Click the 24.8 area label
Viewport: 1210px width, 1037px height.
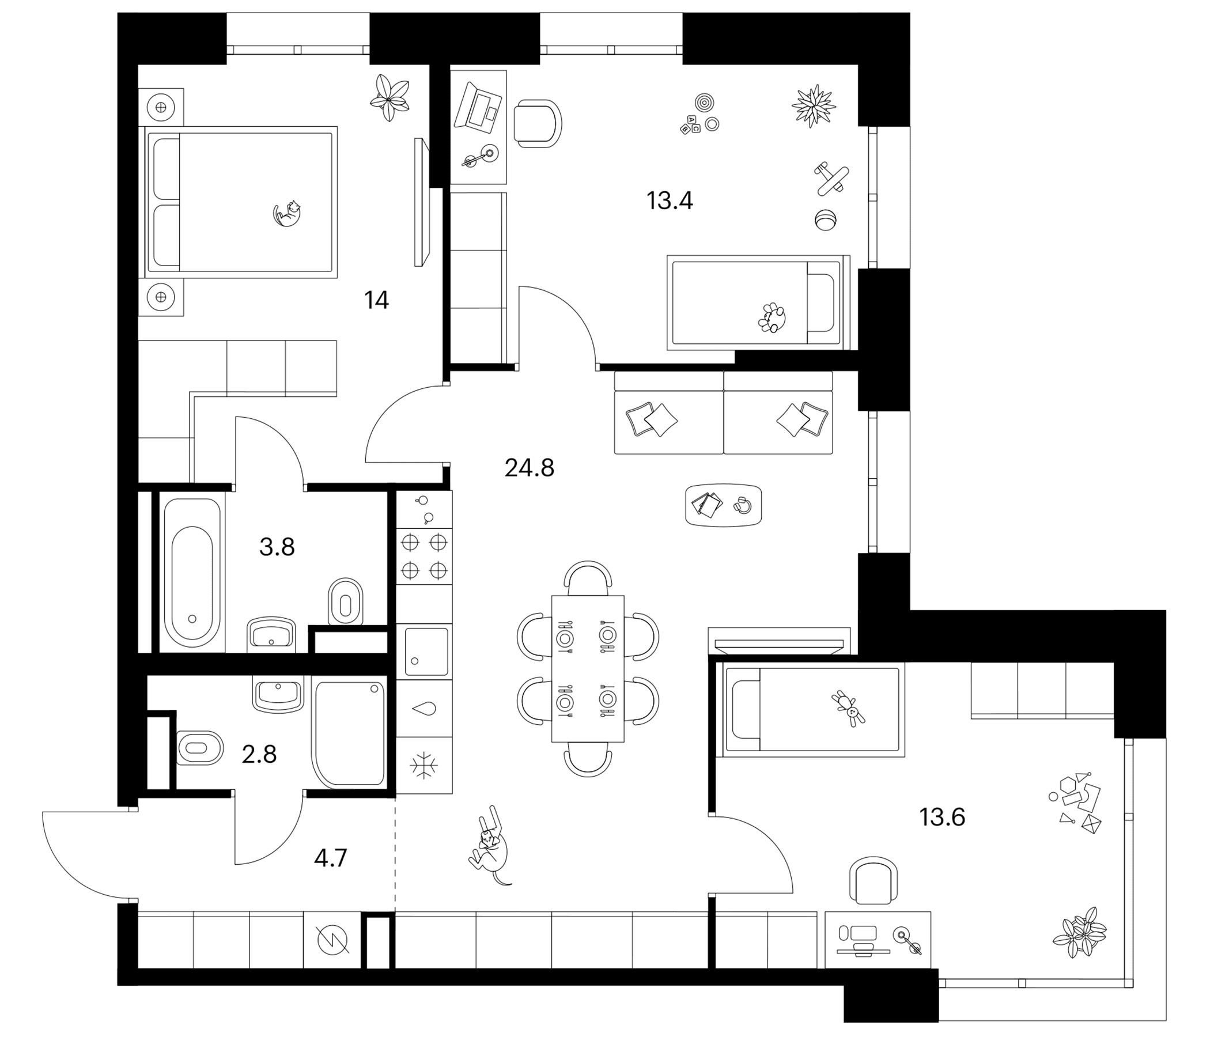point(529,468)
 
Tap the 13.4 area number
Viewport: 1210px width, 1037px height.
point(669,201)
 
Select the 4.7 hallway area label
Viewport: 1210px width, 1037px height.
point(331,858)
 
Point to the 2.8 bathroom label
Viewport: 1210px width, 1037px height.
point(259,754)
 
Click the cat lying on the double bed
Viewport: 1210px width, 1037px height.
point(288,213)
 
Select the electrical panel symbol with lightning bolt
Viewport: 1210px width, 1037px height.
point(332,940)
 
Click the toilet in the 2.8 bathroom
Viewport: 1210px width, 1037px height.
point(200,747)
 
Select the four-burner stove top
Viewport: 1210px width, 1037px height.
point(425,557)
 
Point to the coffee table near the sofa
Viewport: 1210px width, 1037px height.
point(724,505)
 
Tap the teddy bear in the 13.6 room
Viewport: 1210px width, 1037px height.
point(850,708)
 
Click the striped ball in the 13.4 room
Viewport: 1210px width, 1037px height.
point(825,220)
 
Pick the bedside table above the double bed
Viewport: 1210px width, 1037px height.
point(161,107)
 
